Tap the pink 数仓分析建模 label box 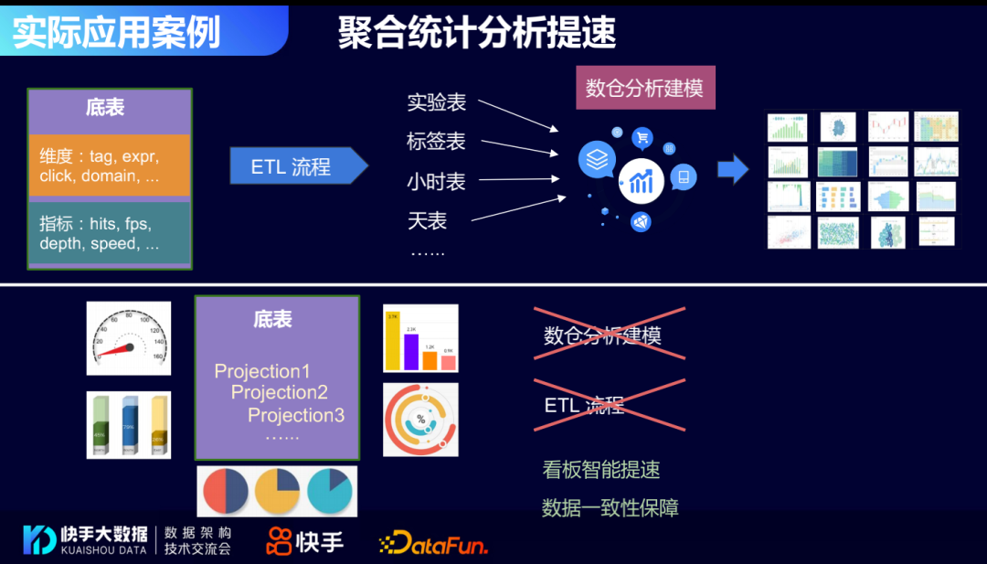(644, 88)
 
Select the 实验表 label (436, 102)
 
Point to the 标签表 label (436, 142)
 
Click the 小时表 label (436, 182)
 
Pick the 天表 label (427, 220)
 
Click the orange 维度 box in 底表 (109, 165)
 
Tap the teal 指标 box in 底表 (109, 233)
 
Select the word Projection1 (262, 371)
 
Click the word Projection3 (296, 415)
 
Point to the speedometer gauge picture (128, 338)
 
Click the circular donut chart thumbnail (420, 420)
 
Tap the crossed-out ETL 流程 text (584, 405)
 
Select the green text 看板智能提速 (600, 470)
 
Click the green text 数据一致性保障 (610, 508)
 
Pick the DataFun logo (433, 543)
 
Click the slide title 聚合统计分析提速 (477, 33)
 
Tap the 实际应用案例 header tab (117, 31)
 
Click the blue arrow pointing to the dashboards (733, 168)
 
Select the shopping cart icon (642, 138)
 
